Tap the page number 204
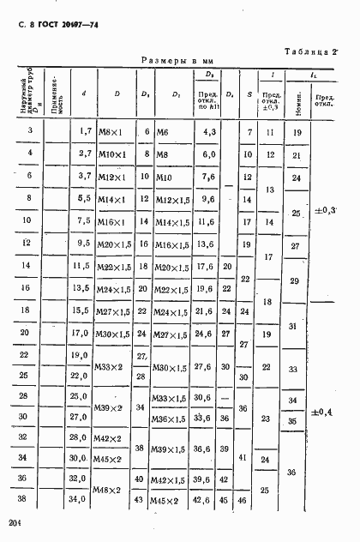coord(13,523)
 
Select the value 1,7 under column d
coord(84,131)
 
